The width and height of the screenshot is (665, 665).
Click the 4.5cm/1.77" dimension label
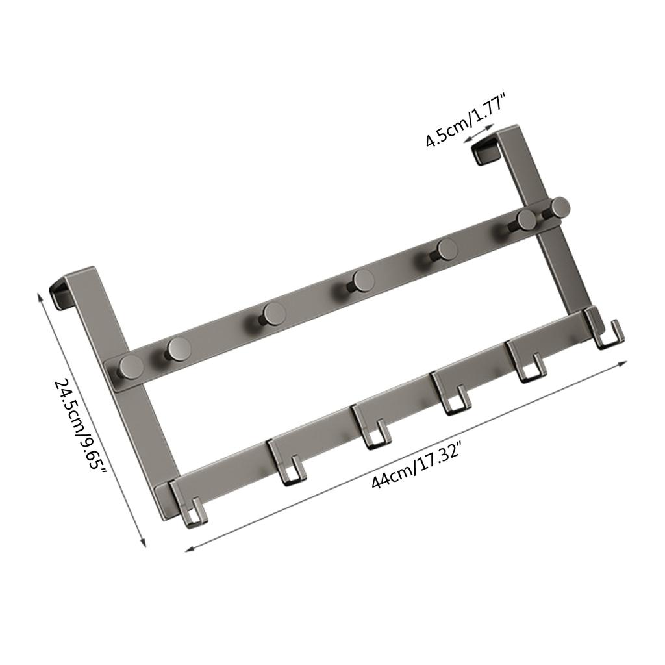466,120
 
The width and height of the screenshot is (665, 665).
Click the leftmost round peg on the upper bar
131,368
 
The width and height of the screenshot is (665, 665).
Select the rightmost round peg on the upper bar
558,208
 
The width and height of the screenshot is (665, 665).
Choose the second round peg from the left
177,349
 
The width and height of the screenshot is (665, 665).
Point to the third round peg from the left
273,314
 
